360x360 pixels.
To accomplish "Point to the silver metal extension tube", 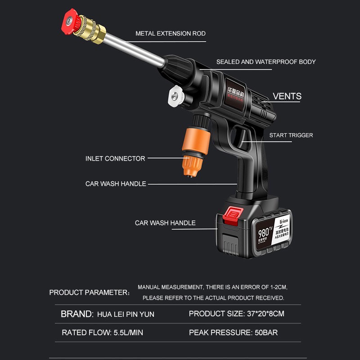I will (x=135, y=49).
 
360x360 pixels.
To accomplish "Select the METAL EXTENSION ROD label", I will (x=171, y=34).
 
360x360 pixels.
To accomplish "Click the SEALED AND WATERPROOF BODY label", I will (x=266, y=62).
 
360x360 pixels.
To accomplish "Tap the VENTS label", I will (x=287, y=96).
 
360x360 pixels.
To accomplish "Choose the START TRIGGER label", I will (x=291, y=135).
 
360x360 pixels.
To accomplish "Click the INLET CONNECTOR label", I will (x=115, y=158).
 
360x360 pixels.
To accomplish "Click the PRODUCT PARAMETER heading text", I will (x=88, y=292).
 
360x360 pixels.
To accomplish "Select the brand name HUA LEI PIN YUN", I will (x=126, y=314).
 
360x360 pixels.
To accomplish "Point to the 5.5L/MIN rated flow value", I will (x=127, y=333).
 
